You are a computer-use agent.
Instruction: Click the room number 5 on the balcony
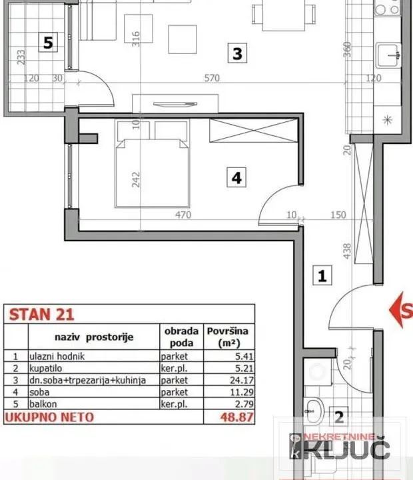click(47, 43)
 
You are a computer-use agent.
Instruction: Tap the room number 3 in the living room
click(237, 53)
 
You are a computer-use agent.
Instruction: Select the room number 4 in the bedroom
click(236, 178)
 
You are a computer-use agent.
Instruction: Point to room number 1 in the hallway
click(322, 275)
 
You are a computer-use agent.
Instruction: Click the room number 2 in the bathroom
click(338, 418)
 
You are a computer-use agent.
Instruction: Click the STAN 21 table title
click(41, 314)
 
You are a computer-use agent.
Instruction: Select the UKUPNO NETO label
click(49, 417)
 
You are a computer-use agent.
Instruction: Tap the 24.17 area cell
click(228, 380)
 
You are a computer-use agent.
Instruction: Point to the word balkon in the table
click(42, 404)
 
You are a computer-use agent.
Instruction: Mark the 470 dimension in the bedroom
click(183, 215)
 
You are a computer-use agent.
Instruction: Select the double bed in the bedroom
click(149, 164)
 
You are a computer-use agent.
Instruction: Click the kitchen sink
click(388, 56)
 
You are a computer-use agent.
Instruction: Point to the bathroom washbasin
click(314, 407)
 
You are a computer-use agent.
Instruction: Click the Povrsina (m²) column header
click(228, 337)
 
